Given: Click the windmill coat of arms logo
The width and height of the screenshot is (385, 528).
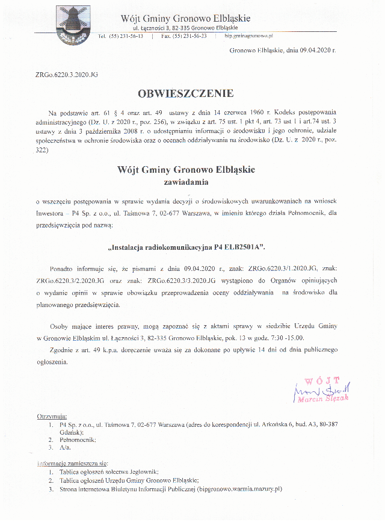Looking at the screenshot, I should (70, 25).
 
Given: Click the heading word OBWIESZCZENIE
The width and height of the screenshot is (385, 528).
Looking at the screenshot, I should (185, 93).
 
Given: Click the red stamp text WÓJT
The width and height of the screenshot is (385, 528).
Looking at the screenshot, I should (322, 380).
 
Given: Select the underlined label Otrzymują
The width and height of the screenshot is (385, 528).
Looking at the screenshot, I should (52, 417).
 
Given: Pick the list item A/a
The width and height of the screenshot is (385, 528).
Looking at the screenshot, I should (65, 448).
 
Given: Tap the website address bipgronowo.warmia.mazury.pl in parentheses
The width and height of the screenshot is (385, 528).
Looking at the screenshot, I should (240, 489).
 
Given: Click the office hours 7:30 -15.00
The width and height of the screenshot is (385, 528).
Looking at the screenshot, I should (283, 337).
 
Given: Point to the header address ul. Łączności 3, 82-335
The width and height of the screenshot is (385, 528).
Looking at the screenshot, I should (185, 28).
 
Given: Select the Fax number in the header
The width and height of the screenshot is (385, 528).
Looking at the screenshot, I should (183, 36).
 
